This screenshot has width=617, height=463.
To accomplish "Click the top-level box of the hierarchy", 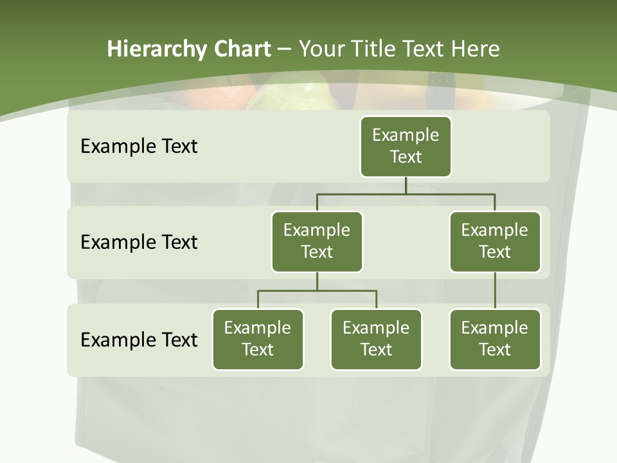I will tap(406, 146).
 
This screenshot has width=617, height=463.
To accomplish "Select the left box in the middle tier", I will tap(317, 241).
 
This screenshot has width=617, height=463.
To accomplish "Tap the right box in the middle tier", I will tap(495, 241).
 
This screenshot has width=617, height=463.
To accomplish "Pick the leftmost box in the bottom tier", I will tap(258, 339).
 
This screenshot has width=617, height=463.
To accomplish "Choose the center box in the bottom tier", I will tap(376, 339).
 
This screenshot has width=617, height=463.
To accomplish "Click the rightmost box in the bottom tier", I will tap(495, 339).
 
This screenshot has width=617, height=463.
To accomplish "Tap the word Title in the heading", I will tap(375, 49).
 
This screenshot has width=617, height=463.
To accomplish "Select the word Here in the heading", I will tap(475, 49).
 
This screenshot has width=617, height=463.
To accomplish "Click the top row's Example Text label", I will tap(139, 147).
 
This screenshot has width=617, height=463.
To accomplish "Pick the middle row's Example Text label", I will tap(139, 242).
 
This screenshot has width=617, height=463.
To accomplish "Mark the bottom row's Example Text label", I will tap(139, 340).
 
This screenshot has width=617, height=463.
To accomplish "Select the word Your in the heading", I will tap(320, 49).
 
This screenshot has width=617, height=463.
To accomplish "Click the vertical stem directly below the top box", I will tap(406, 185).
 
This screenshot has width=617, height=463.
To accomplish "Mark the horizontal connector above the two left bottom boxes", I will tap(317, 291).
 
